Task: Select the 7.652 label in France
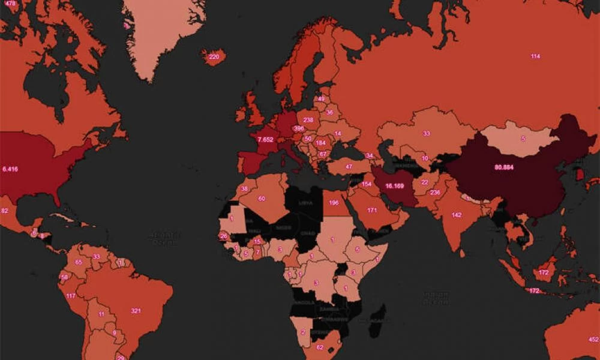[x=265, y=139]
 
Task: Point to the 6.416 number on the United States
[x=10, y=169]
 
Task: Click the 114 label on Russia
[x=535, y=56]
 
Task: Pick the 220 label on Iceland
[x=213, y=57]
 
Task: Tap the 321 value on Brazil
[x=136, y=311]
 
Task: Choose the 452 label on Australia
[x=593, y=340]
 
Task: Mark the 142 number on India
[x=457, y=215]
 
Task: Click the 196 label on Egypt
[x=334, y=203]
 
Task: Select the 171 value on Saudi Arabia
[x=372, y=211]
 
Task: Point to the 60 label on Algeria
[x=262, y=199]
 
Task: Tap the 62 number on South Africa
[x=319, y=347]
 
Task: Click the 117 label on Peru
[x=71, y=296]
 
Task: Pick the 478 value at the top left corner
[x=10, y=3]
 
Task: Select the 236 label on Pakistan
[x=435, y=193]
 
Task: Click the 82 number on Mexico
[x=5, y=211]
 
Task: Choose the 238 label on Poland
[x=308, y=120]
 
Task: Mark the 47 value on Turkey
[x=349, y=166]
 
